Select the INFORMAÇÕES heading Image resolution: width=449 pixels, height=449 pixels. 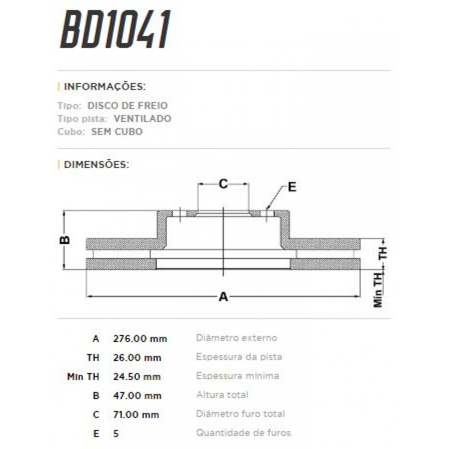coord(105,87)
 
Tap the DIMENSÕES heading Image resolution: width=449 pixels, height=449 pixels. coord(97,164)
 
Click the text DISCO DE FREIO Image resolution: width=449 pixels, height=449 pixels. coord(128,106)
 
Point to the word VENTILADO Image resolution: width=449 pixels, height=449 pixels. coord(143,119)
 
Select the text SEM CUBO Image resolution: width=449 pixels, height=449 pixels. coord(117,132)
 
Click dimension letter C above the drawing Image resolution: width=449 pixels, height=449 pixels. coord(223,184)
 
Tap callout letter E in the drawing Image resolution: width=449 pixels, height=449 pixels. coord(292,187)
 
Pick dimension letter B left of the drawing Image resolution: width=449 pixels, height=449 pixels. coord(65,240)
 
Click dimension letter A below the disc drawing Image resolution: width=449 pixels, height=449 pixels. coord(223,297)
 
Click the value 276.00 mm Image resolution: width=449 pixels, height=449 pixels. coord(140,339)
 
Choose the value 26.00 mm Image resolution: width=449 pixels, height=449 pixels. coord(137,358)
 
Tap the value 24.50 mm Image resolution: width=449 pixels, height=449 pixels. coord(137,376)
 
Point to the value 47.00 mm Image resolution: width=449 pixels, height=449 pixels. coord(137,395)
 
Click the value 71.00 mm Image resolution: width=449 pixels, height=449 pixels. coord(136,415)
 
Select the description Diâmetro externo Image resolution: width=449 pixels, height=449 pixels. coord(236,338)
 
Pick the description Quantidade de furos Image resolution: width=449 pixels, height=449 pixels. coord(243,433)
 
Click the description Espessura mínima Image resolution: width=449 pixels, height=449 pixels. coord(237,376)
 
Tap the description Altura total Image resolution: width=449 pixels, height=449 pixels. coord(222,395)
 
